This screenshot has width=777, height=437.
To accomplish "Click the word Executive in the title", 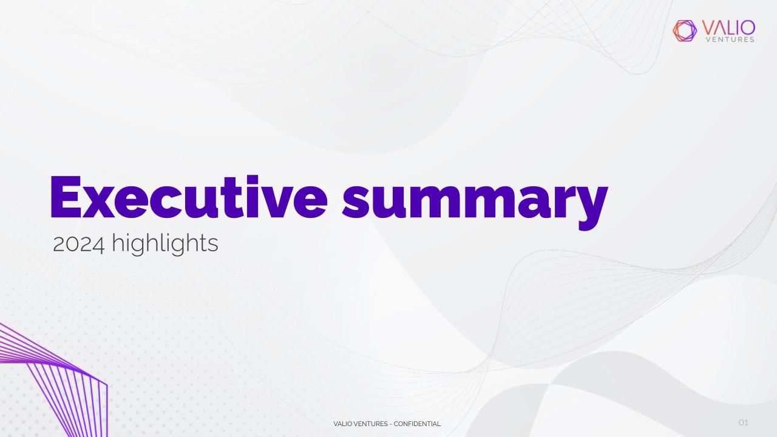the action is click(189, 197).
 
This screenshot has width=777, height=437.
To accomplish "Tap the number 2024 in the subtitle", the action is click(78, 244).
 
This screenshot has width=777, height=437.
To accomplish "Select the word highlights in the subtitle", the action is click(165, 244).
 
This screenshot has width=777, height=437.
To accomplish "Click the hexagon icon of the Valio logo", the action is click(685, 31).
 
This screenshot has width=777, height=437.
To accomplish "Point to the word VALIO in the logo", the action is click(728, 28).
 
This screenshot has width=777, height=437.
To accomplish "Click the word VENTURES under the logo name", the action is click(730, 39).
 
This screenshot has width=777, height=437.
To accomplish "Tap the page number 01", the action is click(743, 422).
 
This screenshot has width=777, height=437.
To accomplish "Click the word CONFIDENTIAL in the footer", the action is click(417, 424).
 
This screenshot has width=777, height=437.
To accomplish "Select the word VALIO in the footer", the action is click(342, 424).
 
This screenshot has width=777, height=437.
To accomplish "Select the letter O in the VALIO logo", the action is click(746, 28).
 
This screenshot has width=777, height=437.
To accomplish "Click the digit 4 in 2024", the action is click(98, 245).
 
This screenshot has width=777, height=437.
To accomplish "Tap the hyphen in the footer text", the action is click(390, 424).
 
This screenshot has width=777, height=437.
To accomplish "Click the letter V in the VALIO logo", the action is click(709, 28).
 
